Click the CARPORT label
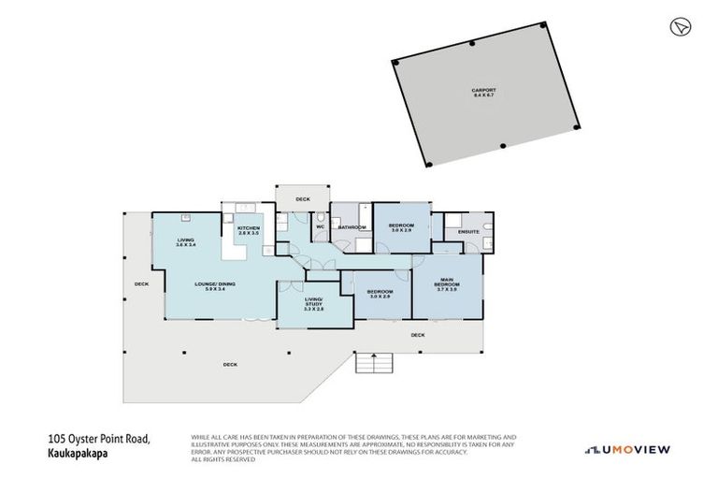[482, 92]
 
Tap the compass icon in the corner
[679, 26]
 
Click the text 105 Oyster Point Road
[96, 437]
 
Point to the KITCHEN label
[248, 230]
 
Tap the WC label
[320, 226]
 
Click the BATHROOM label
[352, 227]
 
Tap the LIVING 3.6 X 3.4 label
[186, 241]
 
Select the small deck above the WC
[302, 199]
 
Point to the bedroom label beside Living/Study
[380, 292]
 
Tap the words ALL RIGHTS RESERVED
[222, 459]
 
